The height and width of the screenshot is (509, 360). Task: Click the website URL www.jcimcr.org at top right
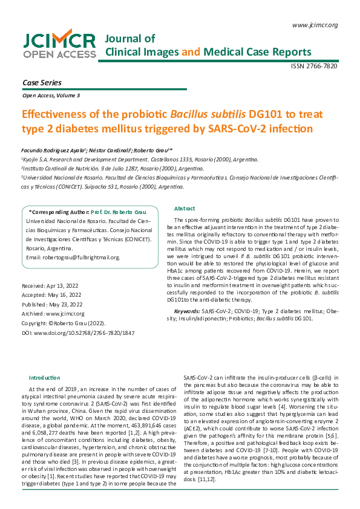(x=314, y=25)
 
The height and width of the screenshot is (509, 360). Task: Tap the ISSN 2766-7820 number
(x=314, y=66)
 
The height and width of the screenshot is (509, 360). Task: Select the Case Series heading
(x=42, y=82)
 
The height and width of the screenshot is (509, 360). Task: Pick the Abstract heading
(x=185, y=208)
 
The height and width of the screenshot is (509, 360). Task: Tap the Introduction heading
(x=45, y=377)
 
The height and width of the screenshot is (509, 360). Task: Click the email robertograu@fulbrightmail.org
(x=73, y=258)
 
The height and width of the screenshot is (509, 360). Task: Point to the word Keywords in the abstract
(x=186, y=311)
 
